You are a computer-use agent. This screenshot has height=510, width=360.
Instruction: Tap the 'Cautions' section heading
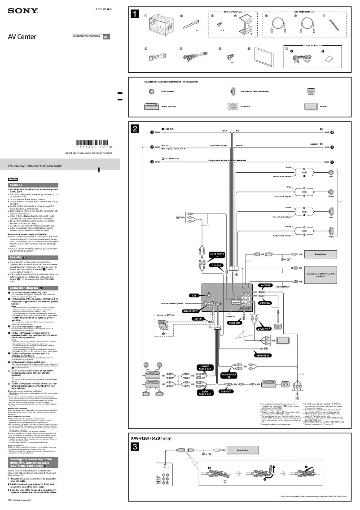(x=17, y=185)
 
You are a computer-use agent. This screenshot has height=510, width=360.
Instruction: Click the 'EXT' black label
(x=194, y=296)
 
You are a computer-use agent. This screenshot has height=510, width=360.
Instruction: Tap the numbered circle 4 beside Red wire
(x=332, y=132)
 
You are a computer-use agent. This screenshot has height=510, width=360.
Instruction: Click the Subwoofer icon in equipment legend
(x=233, y=107)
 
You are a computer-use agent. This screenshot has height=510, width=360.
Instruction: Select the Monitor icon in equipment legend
(x=311, y=107)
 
